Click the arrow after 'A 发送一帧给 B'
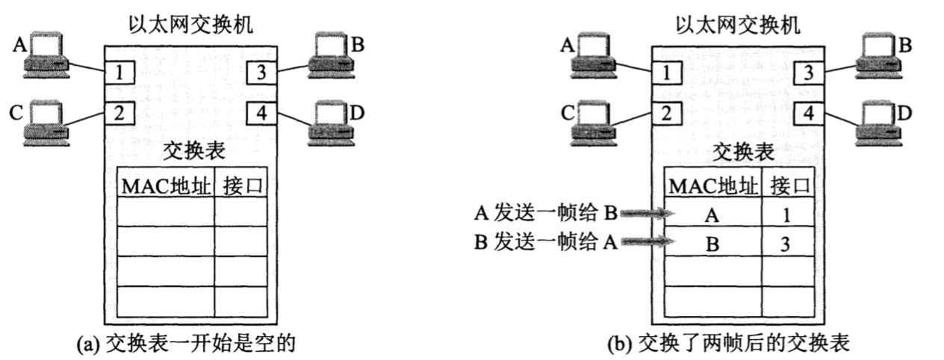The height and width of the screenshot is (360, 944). (648, 214)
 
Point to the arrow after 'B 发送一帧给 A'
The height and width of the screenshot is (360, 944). (648, 242)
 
